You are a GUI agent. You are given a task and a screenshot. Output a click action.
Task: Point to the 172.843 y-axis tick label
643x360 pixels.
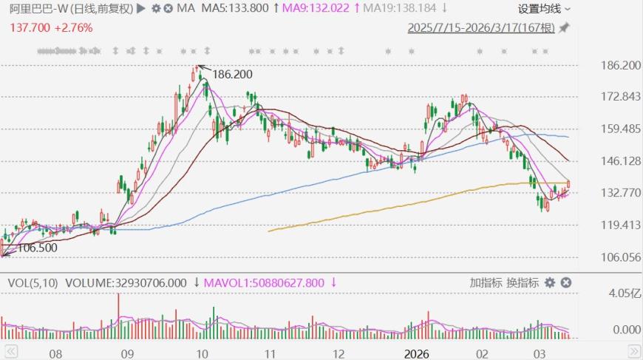(x=621, y=98)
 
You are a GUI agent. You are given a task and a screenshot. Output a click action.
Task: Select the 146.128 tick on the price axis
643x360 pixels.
(x=621, y=161)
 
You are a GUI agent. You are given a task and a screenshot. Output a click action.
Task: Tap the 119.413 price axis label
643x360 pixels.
(x=621, y=225)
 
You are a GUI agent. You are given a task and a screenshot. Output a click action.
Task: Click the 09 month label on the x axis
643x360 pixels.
(x=126, y=353)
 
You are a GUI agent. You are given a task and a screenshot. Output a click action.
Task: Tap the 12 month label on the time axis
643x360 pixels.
(x=340, y=353)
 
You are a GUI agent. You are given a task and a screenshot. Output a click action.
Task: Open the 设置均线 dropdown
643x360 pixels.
(x=544, y=9)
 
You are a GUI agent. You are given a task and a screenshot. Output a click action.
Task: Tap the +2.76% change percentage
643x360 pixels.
(x=74, y=27)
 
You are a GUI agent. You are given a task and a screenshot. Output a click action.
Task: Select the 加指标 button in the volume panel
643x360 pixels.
(x=486, y=282)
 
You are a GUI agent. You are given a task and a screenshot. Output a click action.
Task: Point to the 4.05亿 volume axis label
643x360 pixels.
(x=624, y=294)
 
